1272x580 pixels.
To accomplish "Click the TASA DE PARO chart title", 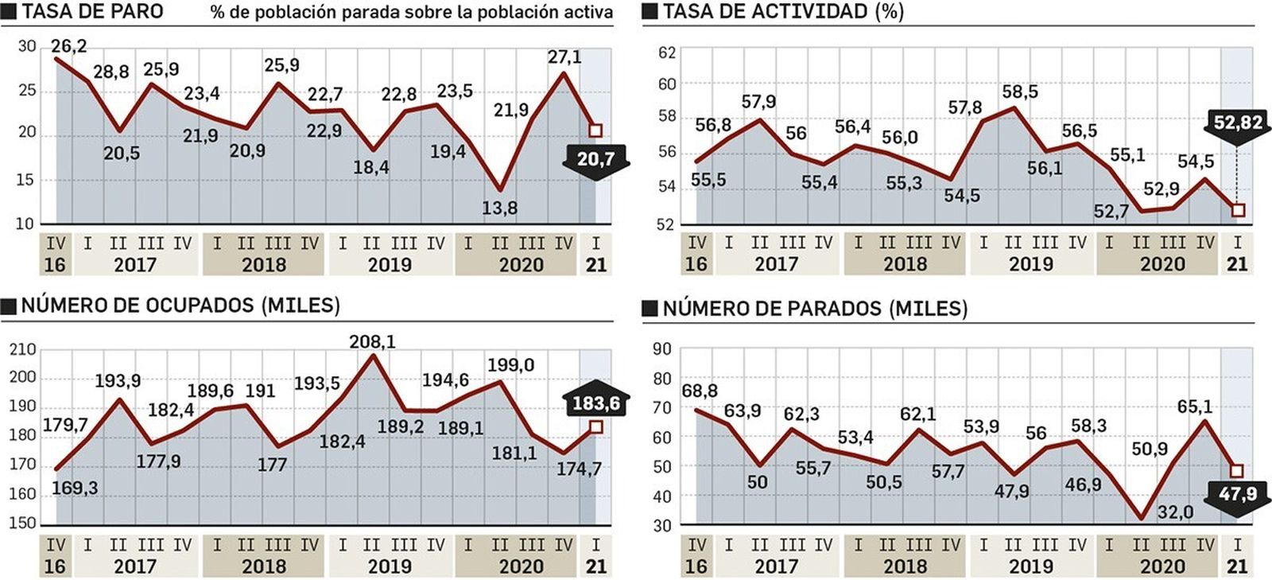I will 92,11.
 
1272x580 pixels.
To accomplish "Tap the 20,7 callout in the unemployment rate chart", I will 595,159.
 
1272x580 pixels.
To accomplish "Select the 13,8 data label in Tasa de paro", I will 499,208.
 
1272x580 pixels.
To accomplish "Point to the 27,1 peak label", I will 564,57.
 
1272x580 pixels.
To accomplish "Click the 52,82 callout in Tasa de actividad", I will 1238,123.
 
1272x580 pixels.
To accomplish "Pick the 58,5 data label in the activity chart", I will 1020,92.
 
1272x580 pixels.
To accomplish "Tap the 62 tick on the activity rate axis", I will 667,53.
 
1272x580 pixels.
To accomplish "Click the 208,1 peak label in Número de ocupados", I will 372,342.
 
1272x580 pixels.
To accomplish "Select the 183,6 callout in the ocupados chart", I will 595,403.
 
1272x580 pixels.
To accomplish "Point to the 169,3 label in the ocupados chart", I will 75,488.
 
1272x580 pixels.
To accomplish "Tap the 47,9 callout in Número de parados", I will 1238,495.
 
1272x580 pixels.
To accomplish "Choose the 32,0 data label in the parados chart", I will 1175,512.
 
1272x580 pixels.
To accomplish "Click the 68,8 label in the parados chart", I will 700,391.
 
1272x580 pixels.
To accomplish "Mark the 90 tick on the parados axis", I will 662,349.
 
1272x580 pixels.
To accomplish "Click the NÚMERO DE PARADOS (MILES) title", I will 815,309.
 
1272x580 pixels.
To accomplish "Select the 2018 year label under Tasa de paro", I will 263,265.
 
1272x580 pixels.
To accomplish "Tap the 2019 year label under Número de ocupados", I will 390,566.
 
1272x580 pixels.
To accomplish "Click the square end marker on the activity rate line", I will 1238,210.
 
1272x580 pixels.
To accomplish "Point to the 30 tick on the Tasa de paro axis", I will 27,47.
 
